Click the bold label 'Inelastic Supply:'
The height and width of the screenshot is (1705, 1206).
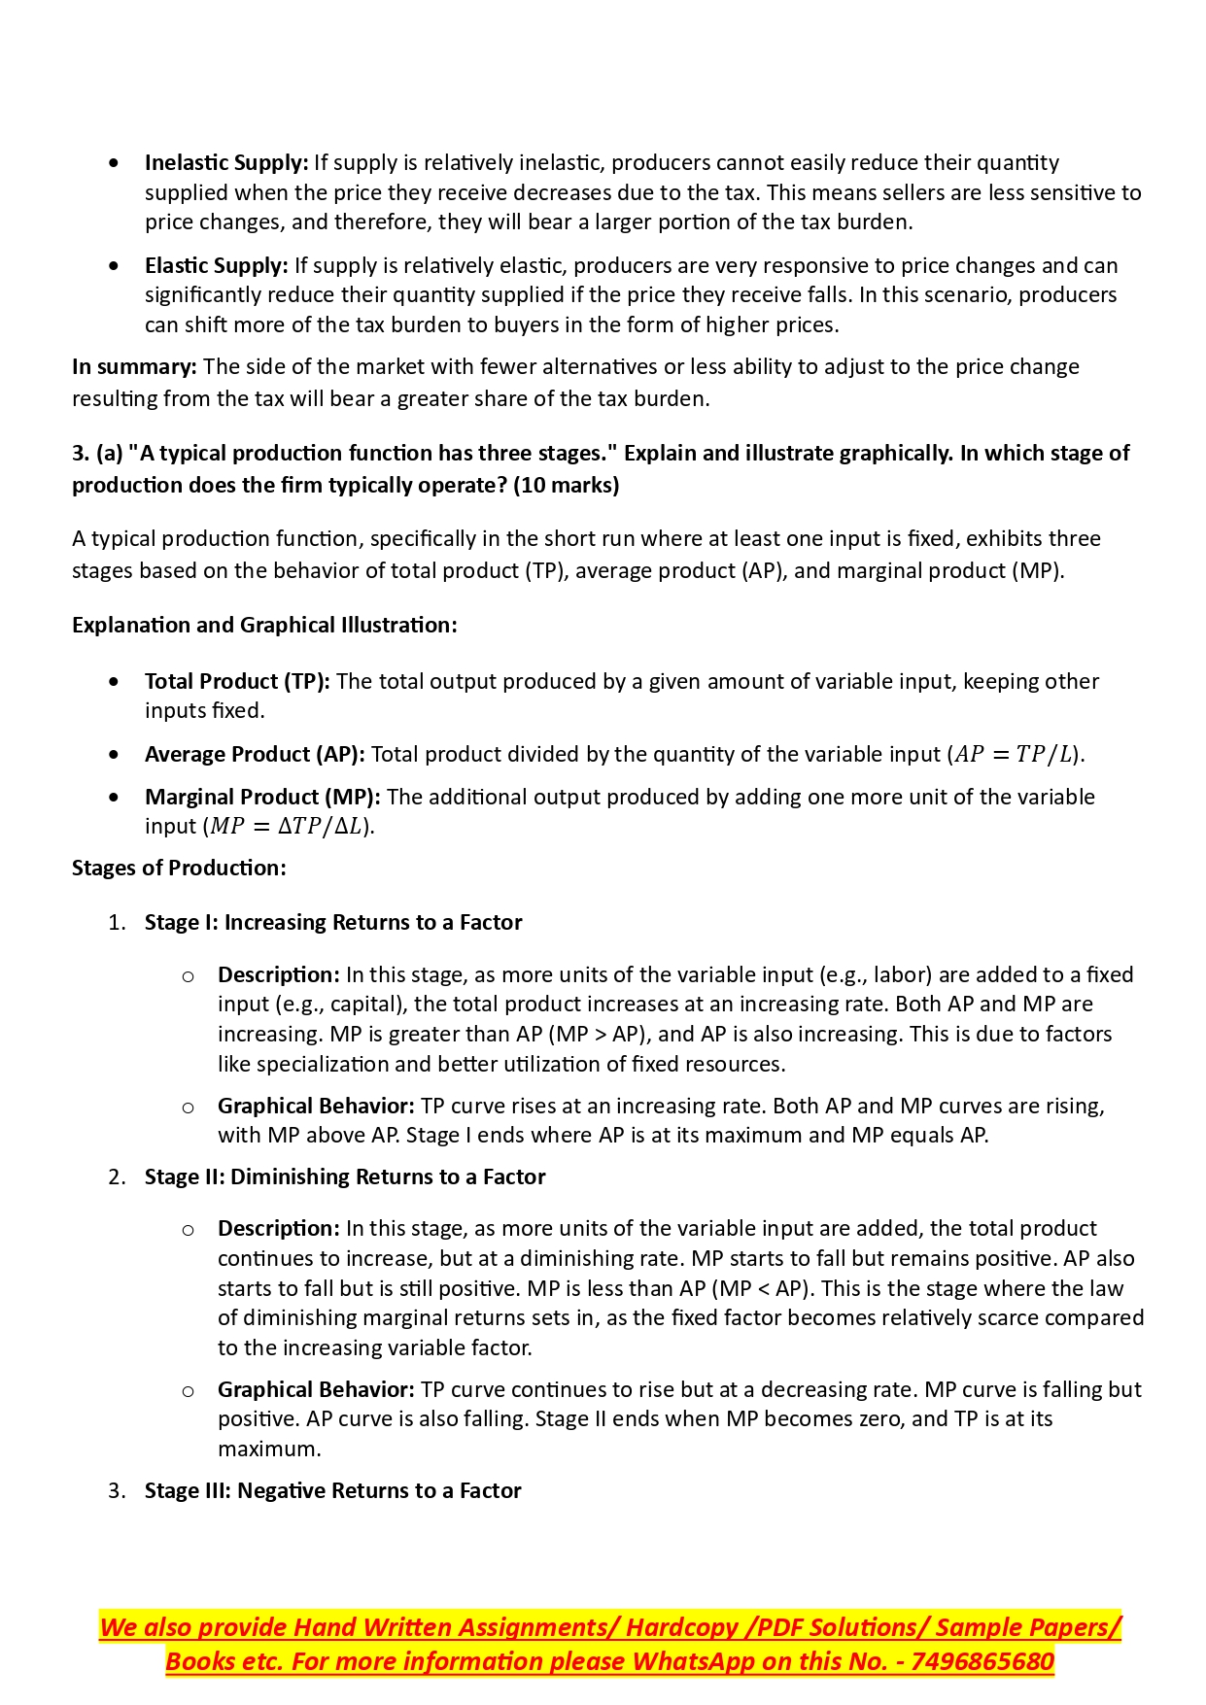tap(225, 162)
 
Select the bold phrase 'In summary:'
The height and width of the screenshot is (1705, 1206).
tap(134, 366)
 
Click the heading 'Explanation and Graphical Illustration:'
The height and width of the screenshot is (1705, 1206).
tap(264, 625)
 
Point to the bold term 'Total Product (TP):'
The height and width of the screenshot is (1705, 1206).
tap(237, 681)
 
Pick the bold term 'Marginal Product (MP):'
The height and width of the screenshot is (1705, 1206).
tap(262, 797)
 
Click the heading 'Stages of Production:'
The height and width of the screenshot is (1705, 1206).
tap(179, 868)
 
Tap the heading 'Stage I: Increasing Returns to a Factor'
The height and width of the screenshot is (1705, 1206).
tap(333, 922)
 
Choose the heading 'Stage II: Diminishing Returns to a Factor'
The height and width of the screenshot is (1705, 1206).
tap(345, 1176)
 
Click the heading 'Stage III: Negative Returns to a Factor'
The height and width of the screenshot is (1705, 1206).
tap(333, 1490)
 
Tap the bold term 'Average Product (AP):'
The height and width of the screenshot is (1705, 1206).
tap(255, 754)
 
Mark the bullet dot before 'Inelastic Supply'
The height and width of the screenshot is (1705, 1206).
tap(116, 163)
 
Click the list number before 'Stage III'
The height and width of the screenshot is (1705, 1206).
tap(117, 1490)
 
